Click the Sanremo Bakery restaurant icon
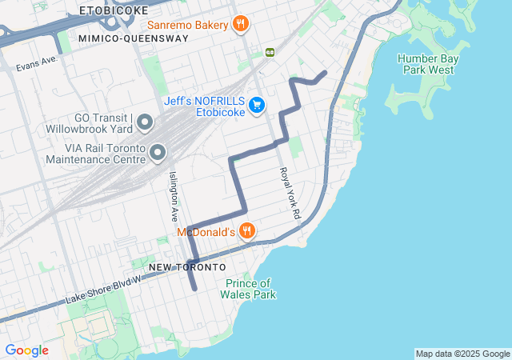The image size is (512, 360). [239, 24]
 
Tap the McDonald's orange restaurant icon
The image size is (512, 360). [247, 231]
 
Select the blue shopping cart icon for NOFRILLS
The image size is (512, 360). [256, 105]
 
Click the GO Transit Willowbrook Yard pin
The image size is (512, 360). [145, 122]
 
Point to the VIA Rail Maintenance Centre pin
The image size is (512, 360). [158, 151]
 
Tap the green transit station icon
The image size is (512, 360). [270, 52]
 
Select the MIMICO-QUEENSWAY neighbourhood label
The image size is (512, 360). [134, 38]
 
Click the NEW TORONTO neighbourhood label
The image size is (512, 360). [186, 266]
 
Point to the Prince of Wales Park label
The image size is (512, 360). [250, 289]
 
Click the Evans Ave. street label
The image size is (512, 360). [37, 60]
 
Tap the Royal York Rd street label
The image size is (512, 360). [289, 194]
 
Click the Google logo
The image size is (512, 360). [27, 350]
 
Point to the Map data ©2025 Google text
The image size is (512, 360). [462, 354]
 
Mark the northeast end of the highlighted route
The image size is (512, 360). [324, 73]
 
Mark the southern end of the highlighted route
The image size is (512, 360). [194, 289]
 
